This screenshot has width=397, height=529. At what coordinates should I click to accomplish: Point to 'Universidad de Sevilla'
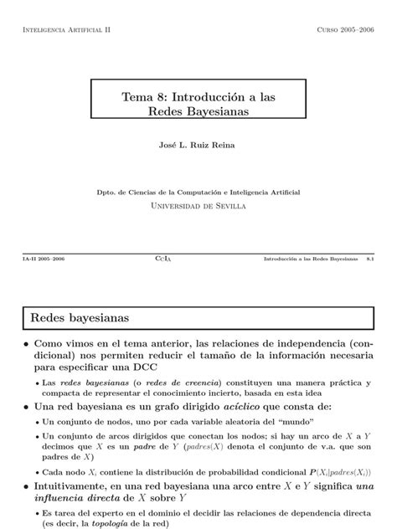198,203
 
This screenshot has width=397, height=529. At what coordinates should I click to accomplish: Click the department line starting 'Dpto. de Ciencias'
198,192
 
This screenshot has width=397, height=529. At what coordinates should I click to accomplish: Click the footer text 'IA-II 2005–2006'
40,259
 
